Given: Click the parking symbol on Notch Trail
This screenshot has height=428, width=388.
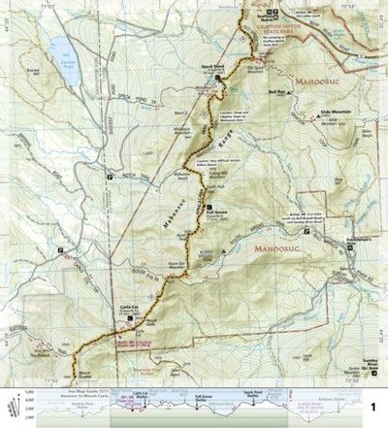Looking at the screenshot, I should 109,176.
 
